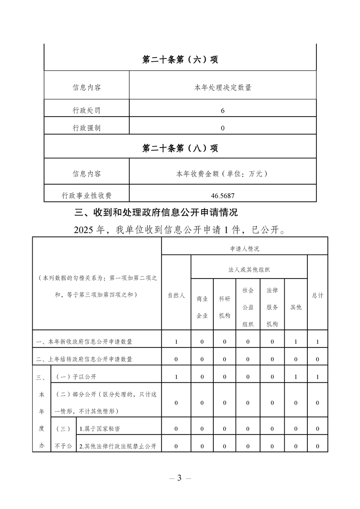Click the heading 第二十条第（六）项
coord(180,60)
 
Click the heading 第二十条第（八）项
coord(180,148)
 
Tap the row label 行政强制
coord(87,128)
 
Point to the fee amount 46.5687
coord(222,196)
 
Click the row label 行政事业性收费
coord(87,196)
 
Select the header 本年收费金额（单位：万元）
coord(222,173)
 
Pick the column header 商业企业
coord(202,307)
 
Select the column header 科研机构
coord(225,307)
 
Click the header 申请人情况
coord(245,249)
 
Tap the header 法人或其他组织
coord(249,269)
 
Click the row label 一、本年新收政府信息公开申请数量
coord(84,342)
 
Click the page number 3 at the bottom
coord(180,478)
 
